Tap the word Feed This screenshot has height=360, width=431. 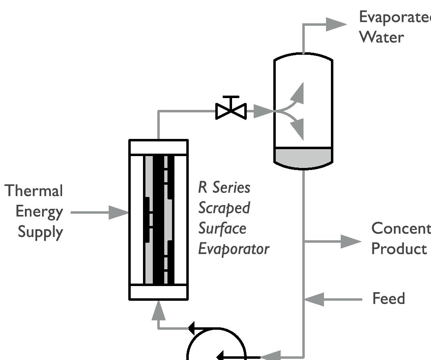(389, 299)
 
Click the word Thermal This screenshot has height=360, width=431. (34, 191)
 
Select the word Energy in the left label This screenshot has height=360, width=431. (39, 212)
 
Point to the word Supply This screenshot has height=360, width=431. (40, 232)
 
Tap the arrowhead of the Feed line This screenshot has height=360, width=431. (314, 300)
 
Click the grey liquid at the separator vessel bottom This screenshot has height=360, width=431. (303, 157)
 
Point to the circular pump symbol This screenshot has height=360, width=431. (217, 345)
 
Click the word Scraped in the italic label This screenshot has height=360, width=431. (224, 208)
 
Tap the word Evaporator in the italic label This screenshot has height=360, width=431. (234, 249)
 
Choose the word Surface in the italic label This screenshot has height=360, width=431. (222, 228)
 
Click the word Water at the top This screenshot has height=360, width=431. (381, 37)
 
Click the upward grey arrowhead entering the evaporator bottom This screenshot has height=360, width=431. (158, 312)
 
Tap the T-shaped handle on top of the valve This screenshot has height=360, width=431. (231, 98)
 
